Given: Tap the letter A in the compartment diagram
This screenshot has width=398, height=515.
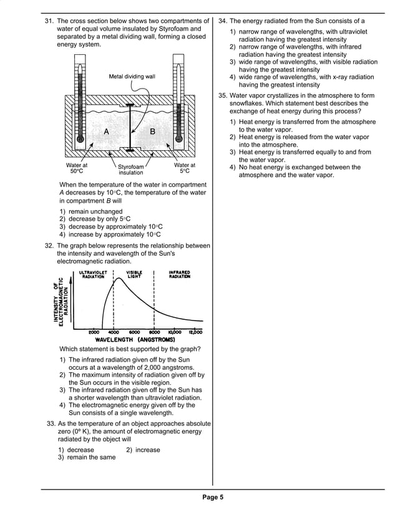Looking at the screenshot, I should click(x=106, y=132).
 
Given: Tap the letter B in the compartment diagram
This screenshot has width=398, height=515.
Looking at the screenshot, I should click(x=152, y=132).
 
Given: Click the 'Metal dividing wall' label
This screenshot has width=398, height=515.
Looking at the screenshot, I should click(x=132, y=77).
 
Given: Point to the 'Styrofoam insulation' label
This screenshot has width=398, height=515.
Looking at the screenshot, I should click(x=131, y=170).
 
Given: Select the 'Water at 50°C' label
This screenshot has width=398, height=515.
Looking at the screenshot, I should click(x=77, y=168).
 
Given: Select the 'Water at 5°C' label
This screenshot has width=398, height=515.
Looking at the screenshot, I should click(x=185, y=168).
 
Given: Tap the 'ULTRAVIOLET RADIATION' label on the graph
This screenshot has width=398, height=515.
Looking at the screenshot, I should click(x=93, y=275).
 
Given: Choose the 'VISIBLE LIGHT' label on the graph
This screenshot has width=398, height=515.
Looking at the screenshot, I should click(x=134, y=275).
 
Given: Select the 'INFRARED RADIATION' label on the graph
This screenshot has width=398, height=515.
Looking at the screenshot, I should click(x=180, y=275).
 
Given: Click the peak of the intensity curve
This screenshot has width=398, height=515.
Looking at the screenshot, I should click(x=115, y=281).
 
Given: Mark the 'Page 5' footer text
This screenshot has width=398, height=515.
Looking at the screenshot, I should click(x=212, y=497).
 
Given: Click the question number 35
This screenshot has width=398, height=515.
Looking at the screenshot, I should click(x=223, y=95).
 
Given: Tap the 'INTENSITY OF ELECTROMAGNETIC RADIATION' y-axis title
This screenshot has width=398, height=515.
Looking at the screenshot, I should click(x=62, y=299).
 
